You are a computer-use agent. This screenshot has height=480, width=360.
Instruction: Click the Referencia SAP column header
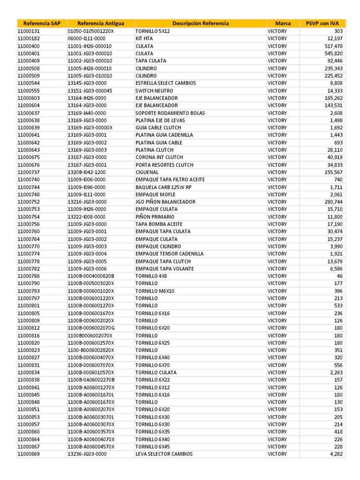[42, 23]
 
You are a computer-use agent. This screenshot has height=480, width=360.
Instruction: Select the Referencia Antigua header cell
[100, 23]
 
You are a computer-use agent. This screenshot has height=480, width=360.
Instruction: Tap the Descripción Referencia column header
[201, 23]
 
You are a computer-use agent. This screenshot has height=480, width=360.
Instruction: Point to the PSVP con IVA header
[322, 23]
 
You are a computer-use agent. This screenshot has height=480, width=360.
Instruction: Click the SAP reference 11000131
[29, 31]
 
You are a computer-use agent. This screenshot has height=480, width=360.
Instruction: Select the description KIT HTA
[145, 38]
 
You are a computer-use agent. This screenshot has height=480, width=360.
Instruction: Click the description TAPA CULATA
[150, 61]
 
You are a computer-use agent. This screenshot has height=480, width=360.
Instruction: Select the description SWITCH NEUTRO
[154, 90]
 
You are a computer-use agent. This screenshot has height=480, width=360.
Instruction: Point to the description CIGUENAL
[148, 172]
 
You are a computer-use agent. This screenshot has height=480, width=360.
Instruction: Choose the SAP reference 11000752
[29, 202]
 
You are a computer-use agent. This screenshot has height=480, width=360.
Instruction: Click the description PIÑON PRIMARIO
[155, 217]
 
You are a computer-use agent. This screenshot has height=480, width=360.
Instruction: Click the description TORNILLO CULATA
[156, 372]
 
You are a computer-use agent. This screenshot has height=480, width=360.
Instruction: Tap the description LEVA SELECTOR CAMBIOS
[164, 454]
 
